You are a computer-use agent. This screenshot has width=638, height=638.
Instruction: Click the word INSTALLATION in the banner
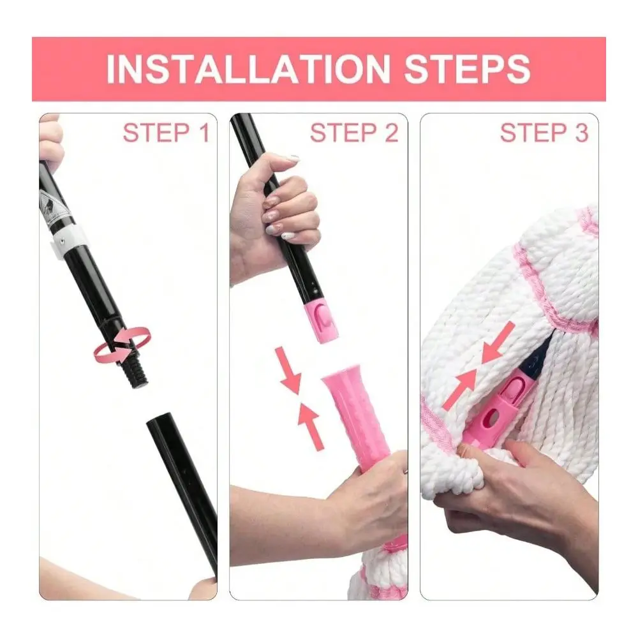click(248, 69)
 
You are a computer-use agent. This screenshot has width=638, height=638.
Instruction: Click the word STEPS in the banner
click(467, 69)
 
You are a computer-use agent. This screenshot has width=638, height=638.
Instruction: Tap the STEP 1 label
click(166, 133)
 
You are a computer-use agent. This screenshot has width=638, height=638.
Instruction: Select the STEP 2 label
click(354, 133)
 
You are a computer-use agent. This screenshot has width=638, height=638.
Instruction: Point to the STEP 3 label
click(544, 133)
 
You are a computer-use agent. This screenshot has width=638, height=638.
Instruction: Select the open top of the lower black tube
click(159, 420)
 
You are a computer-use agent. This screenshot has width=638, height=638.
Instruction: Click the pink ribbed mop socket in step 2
click(358, 419)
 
